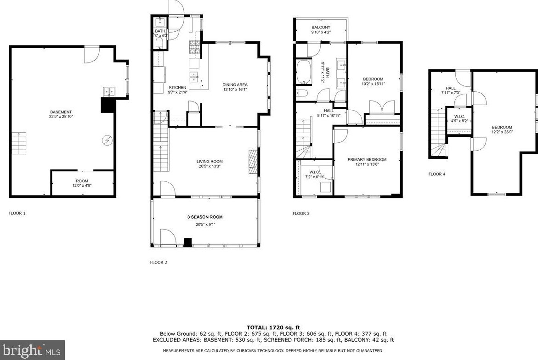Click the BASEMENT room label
tap(61, 112)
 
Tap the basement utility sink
tap(109, 92)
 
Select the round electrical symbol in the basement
tap(107, 140)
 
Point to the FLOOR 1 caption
tap(17, 213)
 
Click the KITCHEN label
tap(178, 88)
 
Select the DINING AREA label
tap(235, 84)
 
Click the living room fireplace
tap(253, 162)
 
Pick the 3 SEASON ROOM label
tap(205, 217)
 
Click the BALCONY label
tap(321, 28)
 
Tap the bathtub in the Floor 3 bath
tap(304, 73)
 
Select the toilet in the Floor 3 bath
tap(302, 93)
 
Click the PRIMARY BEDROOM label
tap(367, 159)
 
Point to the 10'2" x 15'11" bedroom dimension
tap(374, 84)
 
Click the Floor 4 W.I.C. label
tap(459, 117)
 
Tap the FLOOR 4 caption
tap(437, 174)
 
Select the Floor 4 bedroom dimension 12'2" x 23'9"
tap(502, 132)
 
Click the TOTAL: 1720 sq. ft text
tap(273, 327)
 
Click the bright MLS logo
tap(32, 350)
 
